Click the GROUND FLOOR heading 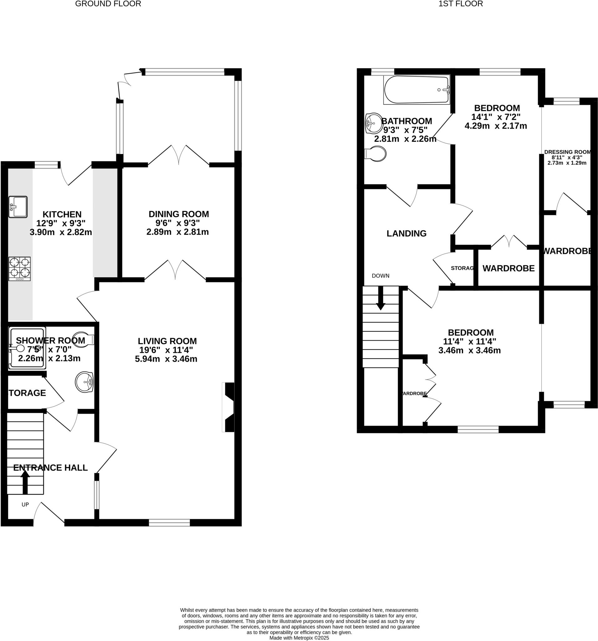(x=108, y=4)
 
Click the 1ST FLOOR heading (x=460, y=4)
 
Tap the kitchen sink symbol (x=18, y=207)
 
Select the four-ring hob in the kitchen (x=19, y=269)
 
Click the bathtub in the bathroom (x=416, y=90)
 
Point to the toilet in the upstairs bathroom (x=376, y=154)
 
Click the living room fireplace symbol (x=228, y=407)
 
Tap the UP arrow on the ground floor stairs (x=25, y=482)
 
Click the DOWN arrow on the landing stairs (x=381, y=298)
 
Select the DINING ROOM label (x=179, y=214)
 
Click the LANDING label (x=406, y=233)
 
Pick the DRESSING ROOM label (x=567, y=152)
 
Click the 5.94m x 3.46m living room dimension (x=166, y=359)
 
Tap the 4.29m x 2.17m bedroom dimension (x=495, y=126)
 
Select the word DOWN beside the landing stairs (x=381, y=276)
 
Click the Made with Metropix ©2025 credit (x=299, y=638)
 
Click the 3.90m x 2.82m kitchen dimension (x=61, y=232)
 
